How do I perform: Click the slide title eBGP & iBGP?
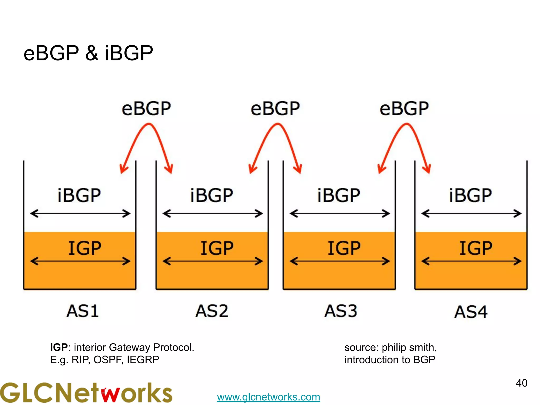[88, 53]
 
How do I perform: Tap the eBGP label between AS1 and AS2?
[146, 109]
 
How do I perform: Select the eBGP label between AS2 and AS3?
[275, 109]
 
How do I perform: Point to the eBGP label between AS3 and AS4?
[404, 109]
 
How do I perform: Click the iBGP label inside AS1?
[79, 195]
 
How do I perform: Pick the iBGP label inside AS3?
[339, 195]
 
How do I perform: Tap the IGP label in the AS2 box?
[217, 248]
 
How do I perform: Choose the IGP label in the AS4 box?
[476, 248]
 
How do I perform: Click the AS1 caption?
[83, 311]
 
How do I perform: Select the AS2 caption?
[212, 311]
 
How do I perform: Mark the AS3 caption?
[341, 311]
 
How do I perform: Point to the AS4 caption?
[471, 312]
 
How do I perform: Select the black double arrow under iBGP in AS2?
[213, 213]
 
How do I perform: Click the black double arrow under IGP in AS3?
[340, 261]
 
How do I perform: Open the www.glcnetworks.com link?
[268, 397]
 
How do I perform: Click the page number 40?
[521, 383]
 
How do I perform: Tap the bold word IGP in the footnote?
[59, 348]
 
